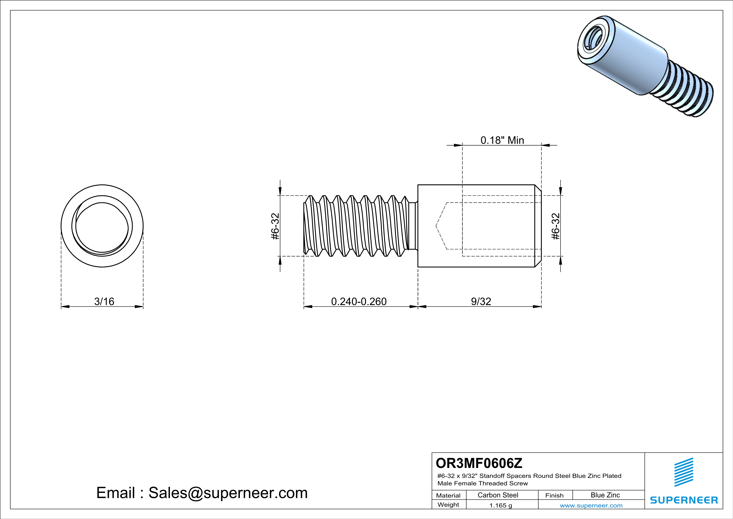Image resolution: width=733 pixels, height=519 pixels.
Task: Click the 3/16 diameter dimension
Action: coord(104,301)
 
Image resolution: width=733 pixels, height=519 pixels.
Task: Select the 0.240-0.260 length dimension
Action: coord(359,301)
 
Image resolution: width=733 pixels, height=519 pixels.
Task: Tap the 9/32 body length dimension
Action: coord(481,301)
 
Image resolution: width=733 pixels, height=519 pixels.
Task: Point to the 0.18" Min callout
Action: coord(502,140)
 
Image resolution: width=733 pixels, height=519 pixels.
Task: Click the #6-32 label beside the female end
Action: coord(556,226)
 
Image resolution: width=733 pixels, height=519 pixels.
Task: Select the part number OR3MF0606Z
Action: coord(479,463)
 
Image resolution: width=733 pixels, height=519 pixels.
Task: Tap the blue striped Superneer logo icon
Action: coord(683,472)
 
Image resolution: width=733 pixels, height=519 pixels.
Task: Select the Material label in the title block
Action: coord(448,495)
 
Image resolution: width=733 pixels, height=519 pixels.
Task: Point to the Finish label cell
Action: coord(554,495)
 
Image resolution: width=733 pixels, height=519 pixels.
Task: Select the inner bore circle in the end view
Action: coord(102,226)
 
